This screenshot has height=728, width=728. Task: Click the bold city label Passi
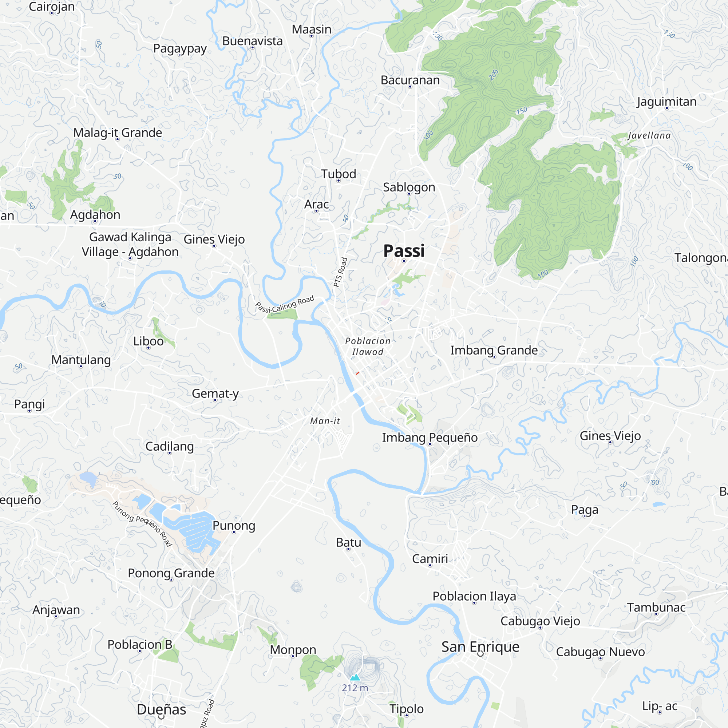tap(404, 251)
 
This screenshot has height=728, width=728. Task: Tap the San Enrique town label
tap(480, 646)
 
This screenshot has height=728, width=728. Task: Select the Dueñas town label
tap(161, 709)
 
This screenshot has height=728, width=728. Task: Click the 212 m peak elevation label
tap(355, 688)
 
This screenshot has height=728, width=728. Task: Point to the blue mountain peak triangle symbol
tap(355, 677)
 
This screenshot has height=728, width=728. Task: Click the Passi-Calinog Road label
tap(285, 305)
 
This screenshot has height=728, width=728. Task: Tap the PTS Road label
tap(340, 272)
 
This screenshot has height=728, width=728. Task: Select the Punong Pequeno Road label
tap(142, 524)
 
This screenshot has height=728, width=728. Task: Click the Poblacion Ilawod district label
tap(368, 346)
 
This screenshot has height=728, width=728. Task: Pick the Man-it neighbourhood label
tap(325, 421)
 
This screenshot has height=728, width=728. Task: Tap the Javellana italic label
tap(649, 136)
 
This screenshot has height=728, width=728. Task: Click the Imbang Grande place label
tap(494, 350)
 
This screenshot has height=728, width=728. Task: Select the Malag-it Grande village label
tap(118, 132)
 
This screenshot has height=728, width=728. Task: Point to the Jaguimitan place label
tap(666, 102)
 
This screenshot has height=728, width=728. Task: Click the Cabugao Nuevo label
tap(600, 652)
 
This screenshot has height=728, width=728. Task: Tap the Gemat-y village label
tap(215, 393)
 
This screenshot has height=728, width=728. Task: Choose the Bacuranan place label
tap(410, 80)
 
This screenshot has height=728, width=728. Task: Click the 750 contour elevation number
tap(522, 111)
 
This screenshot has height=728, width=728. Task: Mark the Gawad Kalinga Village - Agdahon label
tap(130, 244)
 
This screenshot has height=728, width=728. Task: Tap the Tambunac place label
tap(656, 607)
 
